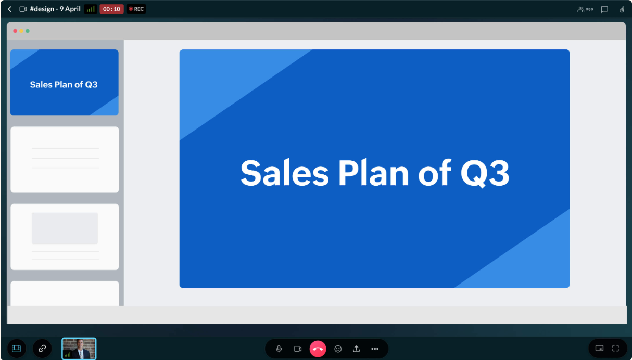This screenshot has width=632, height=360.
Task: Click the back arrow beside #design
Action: (9, 9)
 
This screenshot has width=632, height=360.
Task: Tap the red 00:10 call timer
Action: (111, 9)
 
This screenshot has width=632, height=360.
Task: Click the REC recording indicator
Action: (136, 9)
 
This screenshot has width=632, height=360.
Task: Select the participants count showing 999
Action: (585, 9)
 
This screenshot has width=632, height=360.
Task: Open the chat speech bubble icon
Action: (604, 9)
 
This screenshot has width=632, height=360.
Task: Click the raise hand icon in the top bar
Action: (622, 9)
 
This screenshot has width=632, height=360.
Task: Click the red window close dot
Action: (15, 31)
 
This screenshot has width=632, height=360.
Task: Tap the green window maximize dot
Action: (28, 31)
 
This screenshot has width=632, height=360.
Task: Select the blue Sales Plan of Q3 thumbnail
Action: (65, 82)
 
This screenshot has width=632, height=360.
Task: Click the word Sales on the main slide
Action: (284, 173)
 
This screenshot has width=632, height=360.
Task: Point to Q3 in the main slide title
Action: (485, 173)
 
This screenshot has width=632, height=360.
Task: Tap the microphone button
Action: (279, 349)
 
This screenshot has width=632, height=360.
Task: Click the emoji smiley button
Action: (338, 349)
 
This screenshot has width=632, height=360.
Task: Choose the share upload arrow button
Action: (357, 349)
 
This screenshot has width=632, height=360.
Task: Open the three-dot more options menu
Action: (375, 349)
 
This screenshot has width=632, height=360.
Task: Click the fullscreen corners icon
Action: (615, 349)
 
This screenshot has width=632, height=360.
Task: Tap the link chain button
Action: (42, 349)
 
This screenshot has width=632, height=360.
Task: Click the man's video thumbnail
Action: (79, 349)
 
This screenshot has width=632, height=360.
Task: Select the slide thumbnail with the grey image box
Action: (65, 237)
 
